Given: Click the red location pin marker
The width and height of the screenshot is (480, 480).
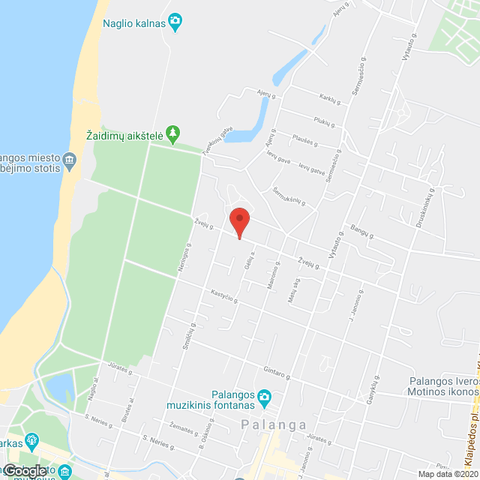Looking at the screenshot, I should tap(238, 221).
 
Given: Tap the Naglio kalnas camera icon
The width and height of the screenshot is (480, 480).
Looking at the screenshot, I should tap(175, 22).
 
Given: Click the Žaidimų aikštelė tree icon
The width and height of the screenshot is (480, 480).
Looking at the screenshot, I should tap(173, 133).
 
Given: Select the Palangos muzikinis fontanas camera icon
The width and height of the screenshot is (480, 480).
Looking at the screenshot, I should tap(264, 396).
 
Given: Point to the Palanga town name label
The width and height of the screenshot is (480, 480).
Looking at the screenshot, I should tap(274, 424).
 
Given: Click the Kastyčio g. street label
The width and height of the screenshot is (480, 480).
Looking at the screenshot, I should tap(223, 296).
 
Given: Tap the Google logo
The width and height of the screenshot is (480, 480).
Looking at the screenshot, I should tap(24, 471).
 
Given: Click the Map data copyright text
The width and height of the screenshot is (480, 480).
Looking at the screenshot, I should tap(448, 474).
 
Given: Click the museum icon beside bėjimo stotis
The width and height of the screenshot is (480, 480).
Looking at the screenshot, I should tap(70, 159).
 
